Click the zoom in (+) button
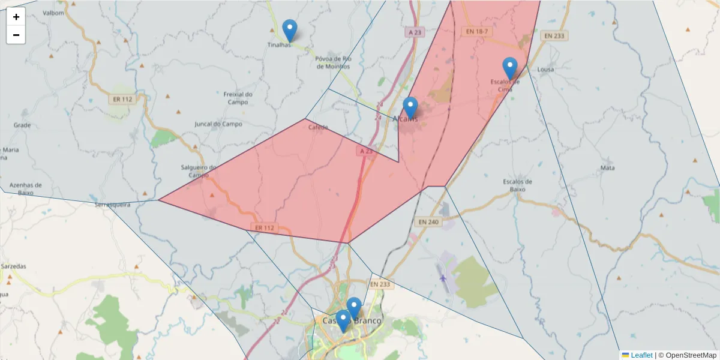tap(16, 17)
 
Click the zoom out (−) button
tap(16, 35)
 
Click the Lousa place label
tap(545, 70)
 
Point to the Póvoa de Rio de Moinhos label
tap(333, 62)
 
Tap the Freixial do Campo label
tap(238, 98)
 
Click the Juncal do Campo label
tap(218, 124)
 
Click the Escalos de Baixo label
tap(518, 185)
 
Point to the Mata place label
tap(607, 168)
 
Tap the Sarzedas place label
tap(14, 265)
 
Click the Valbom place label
tap(53, 13)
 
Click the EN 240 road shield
tap(428, 222)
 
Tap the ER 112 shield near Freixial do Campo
tap(122, 99)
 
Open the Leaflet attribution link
tap(641, 355)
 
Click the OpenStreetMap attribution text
tap(687, 355)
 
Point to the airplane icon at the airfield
tap(443, 278)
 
